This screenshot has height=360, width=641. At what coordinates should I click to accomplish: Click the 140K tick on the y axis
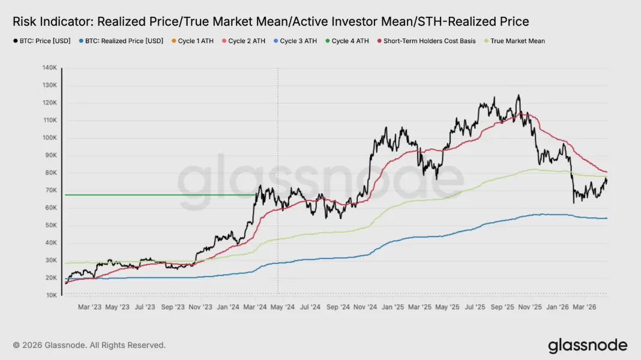pyautogui.click(x=49, y=68)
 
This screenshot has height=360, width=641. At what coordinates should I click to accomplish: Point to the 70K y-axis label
pyautogui.click(x=50, y=190)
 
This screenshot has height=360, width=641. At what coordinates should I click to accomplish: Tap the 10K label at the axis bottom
pyautogui.click(x=50, y=295)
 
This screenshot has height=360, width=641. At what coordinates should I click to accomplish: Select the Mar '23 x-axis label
pyautogui.click(x=89, y=307)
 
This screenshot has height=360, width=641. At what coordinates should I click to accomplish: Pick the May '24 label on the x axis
pyautogui.click(x=282, y=307)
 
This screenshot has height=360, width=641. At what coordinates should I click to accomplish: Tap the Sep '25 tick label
pyautogui.click(x=503, y=307)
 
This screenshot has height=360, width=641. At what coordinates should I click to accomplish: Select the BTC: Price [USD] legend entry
pyautogui.click(x=41, y=41)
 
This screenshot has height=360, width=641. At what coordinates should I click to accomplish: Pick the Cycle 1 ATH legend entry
pyautogui.click(x=193, y=41)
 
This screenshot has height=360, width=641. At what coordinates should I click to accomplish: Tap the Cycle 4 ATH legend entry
pyautogui.click(x=348, y=41)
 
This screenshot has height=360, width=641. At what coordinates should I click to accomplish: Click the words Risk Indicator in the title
pyautogui.click(x=50, y=22)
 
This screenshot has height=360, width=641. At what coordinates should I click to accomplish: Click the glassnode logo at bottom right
pyautogui.click(x=587, y=346)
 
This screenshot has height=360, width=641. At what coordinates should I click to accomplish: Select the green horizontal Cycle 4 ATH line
pyautogui.click(x=156, y=195)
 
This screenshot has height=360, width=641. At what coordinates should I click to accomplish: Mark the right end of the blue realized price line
pyautogui.click(x=606, y=218)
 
